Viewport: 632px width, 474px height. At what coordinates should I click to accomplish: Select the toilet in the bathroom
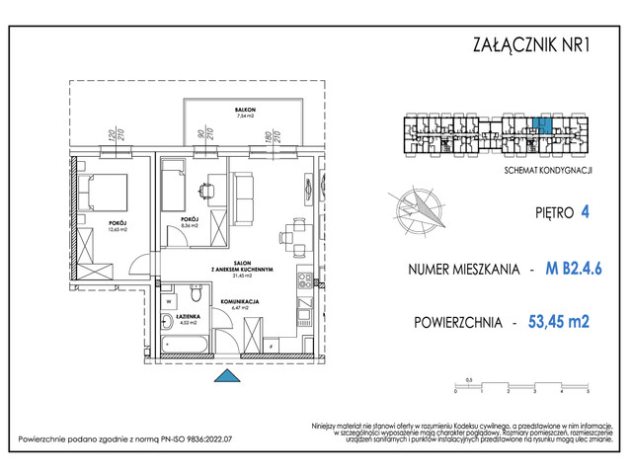pyautogui.click(x=197, y=293)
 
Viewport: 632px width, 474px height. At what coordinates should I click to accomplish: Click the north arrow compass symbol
pyautogui.click(x=420, y=207)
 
